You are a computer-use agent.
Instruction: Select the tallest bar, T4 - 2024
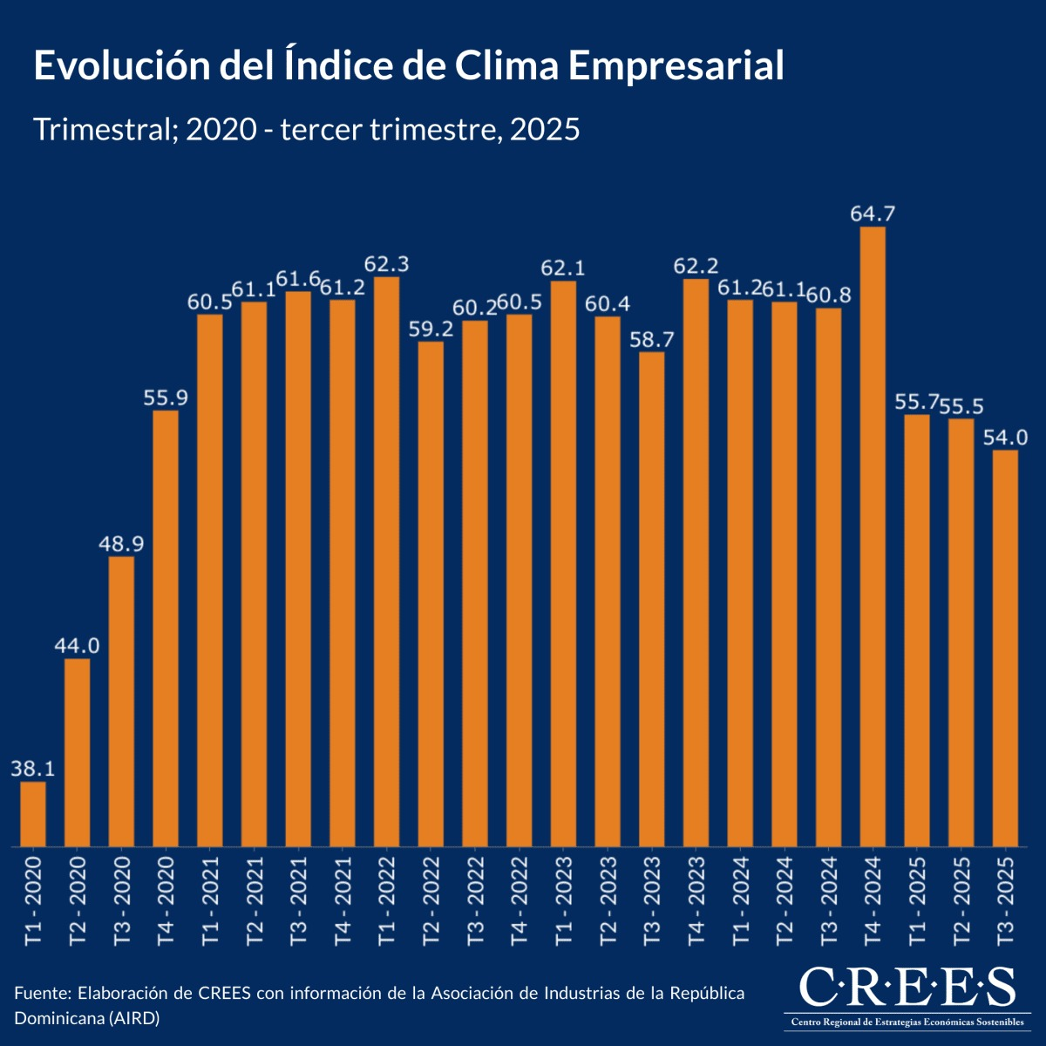(873, 536)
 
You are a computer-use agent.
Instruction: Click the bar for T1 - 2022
(386, 561)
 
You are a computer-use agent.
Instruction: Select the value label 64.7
(873, 214)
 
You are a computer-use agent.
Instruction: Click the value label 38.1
(33, 769)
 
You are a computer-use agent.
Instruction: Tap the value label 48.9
(122, 543)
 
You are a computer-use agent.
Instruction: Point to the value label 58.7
(651, 339)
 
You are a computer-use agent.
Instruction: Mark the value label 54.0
(1005, 437)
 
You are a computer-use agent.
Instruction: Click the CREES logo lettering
(907, 988)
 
